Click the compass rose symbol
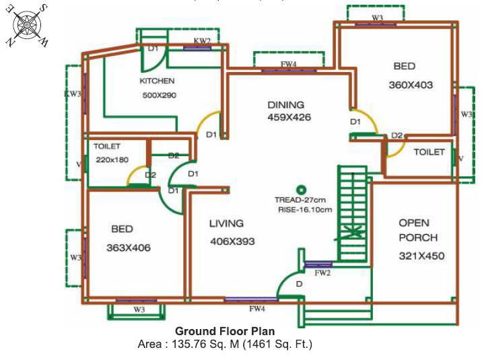[26, 26]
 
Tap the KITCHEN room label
[157, 81]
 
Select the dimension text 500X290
[160, 96]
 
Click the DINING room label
[286, 105]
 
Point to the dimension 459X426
[289, 118]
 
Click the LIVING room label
[227, 223]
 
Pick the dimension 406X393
[232, 242]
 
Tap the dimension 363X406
[129, 248]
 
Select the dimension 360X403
[411, 85]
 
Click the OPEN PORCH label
[418, 230]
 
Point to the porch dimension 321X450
[421, 256]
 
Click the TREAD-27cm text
[300, 200]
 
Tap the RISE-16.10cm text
[305, 210]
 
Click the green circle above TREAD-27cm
[301, 190]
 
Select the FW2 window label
[322, 273]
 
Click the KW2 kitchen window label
[202, 41]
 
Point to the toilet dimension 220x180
[112, 159]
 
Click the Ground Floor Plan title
[225, 331]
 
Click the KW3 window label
[73, 94]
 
